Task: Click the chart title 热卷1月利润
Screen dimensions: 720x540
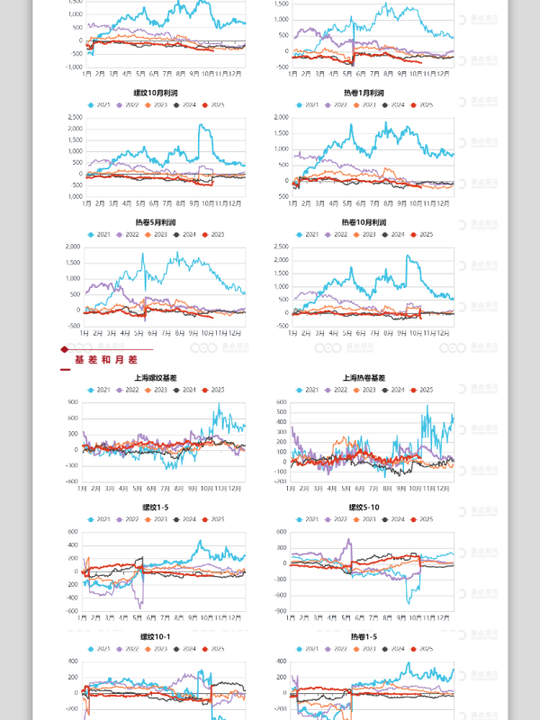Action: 363,93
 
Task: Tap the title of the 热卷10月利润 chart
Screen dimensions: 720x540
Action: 363,222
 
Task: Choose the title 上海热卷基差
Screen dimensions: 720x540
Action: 363,378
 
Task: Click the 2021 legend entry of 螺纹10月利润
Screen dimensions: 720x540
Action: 101,105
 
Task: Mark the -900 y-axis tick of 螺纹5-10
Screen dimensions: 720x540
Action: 281,611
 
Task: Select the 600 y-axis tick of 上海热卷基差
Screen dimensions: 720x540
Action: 281,402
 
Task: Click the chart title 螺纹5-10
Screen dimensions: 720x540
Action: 363,508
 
